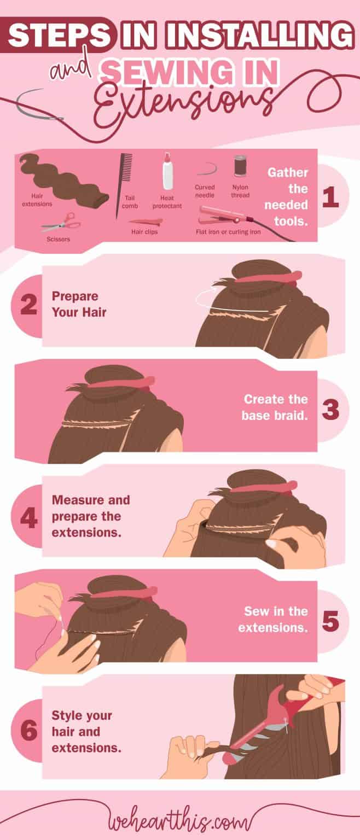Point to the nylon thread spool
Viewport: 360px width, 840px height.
(x=240, y=166)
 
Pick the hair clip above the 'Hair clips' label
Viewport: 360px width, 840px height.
(x=145, y=222)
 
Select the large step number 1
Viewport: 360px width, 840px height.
(x=330, y=197)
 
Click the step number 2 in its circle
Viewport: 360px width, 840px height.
(x=28, y=305)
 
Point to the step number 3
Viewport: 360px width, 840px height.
(x=330, y=410)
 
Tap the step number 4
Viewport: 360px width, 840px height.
(x=28, y=516)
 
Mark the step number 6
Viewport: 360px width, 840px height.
(x=28, y=731)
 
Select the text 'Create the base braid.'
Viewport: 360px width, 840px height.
(x=275, y=407)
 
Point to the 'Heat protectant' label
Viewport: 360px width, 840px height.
(x=167, y=202)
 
